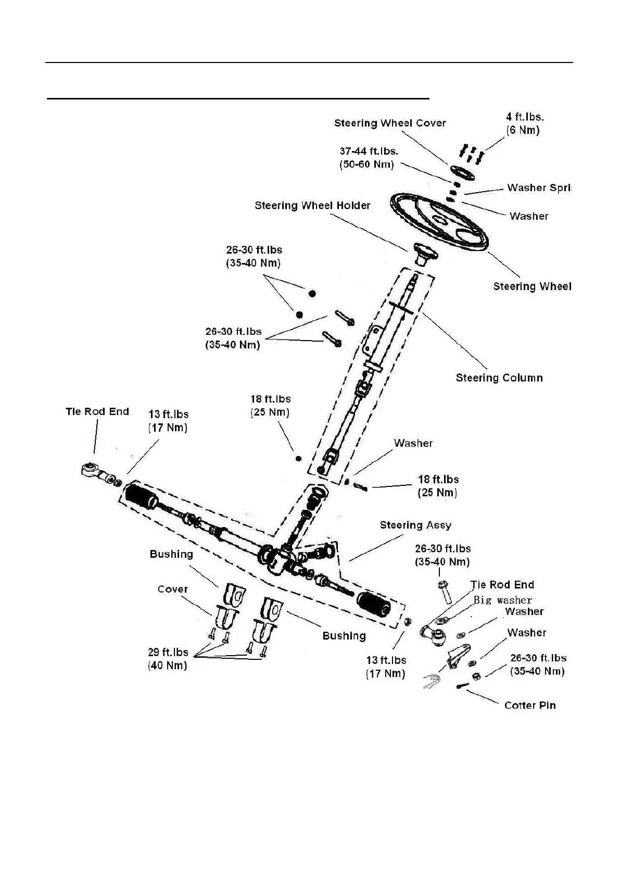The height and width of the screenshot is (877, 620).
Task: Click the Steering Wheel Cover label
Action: click(390, 123)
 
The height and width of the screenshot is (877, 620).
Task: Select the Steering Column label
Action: click(499, 378)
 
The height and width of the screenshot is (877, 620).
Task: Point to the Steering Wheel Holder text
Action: click(312, 206)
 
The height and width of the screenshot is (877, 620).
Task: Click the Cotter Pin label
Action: click(530, 706)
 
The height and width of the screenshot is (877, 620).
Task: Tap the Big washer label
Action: click(502, 600)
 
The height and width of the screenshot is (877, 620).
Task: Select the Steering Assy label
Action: click(415, 525)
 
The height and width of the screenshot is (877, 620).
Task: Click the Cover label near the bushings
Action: click(172, 589)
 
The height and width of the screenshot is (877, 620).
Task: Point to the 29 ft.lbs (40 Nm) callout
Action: click(168, 659)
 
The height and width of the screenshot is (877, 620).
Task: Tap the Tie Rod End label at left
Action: click(97, 411)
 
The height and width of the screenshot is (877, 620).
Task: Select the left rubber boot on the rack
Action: click(142, 496)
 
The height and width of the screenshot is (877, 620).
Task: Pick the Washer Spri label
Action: click(538, 188)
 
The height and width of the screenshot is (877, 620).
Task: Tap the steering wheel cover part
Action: click(461, 173)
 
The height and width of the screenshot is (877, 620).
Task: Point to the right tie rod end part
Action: click(433, 633)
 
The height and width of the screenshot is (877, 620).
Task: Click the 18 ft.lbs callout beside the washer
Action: click(438, 486)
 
